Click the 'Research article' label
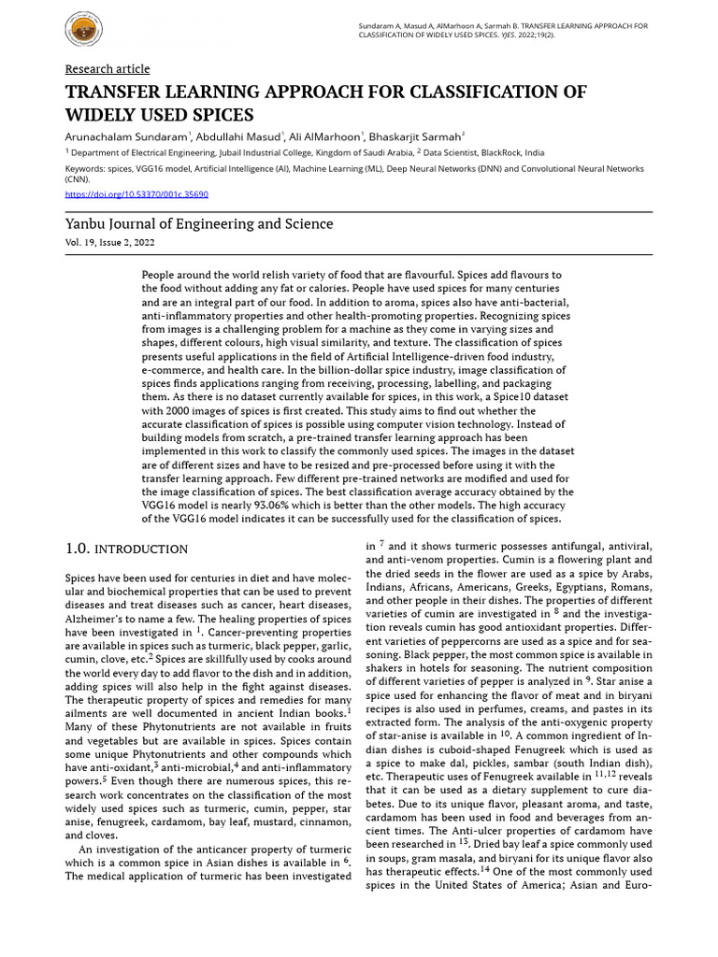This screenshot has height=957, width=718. (x=107, y=69)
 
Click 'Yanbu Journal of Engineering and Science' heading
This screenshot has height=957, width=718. (x=198, y=224)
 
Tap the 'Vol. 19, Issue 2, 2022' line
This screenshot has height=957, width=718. (x=109, y=242)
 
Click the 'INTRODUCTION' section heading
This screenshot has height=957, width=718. (x=143, y=549)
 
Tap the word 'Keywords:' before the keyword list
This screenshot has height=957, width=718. (x=85, y=169)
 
